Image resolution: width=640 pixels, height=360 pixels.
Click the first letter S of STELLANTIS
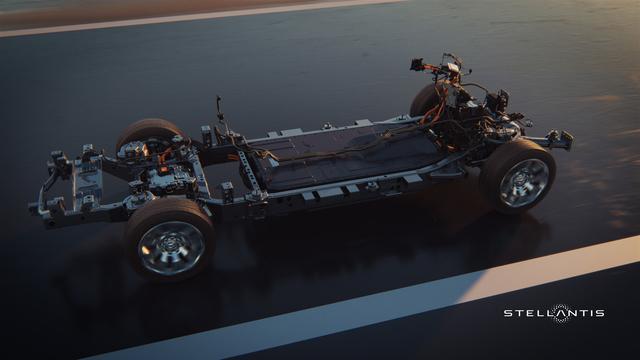click(508, 313)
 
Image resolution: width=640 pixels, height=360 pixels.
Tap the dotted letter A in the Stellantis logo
click(561, 313)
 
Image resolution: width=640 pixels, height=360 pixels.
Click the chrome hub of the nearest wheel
click(172, 246)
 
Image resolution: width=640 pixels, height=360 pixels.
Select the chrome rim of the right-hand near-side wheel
click(523, 183)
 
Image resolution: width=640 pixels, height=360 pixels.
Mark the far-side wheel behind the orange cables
click(424, 100)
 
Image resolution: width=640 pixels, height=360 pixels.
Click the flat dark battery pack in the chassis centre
click(343, 156)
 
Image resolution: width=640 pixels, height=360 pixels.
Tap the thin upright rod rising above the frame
click(220, 110)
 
